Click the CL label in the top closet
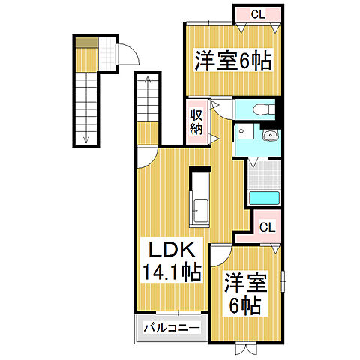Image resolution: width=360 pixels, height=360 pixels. coord(257,13)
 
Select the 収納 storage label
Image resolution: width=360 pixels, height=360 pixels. coord(196,121)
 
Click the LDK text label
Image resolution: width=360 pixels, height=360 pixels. coord(169,250)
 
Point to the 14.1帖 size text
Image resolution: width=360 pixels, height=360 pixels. coord(170,271)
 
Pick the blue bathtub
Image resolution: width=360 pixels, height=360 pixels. coord(264,198)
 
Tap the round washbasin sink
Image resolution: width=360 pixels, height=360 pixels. coord(271,135)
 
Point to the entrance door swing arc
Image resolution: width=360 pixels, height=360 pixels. coord(129,55)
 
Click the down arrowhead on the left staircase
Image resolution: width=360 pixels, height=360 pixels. coord(87,139)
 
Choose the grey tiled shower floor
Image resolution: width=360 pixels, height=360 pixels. coord(264,173)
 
